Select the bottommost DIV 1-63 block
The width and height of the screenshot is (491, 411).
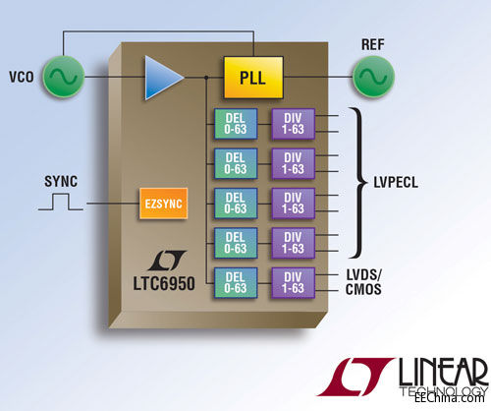pos(294,281)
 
